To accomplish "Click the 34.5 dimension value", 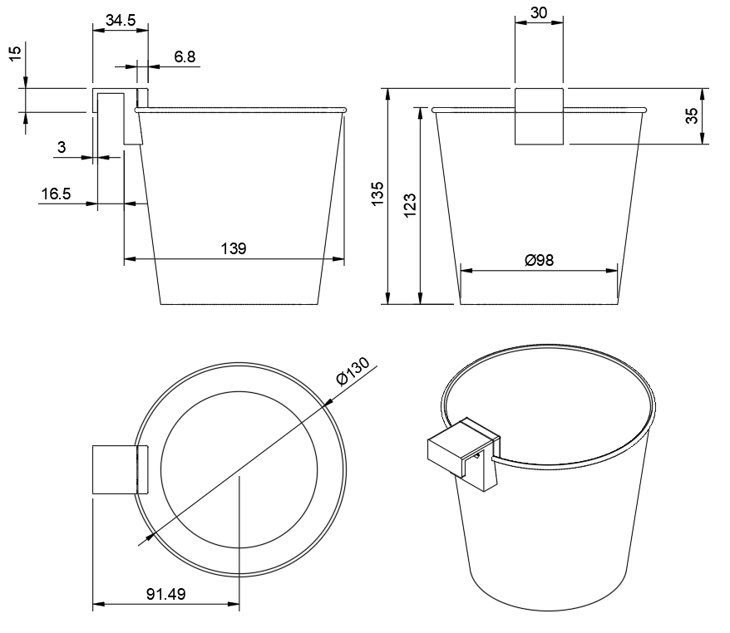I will point(121,21).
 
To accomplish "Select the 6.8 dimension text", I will point(185,56).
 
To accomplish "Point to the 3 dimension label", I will point(61,147).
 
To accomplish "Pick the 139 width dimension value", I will point(234,249).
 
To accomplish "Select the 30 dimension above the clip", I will point(539,13).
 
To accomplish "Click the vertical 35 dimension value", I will point(692,116).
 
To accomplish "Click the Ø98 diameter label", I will point(539,260).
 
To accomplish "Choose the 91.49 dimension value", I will point(165,595).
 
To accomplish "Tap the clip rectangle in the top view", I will point(114,470).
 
